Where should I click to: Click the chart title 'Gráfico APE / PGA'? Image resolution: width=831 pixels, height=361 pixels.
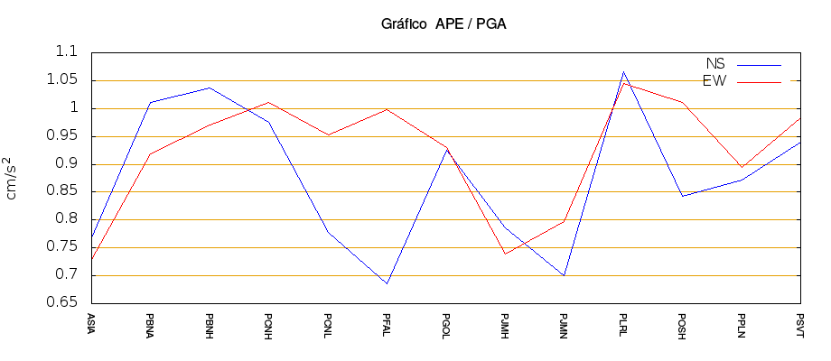pos(444,24)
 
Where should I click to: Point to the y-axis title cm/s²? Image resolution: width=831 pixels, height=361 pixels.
pos(14,177)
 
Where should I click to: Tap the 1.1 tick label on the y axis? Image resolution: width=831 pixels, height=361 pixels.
pos(68,52)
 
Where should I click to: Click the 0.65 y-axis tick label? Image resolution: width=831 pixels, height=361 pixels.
pos(63,303)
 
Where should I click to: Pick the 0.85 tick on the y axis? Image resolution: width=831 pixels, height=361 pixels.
pos(63,191)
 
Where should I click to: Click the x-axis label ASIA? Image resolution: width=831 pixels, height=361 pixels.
pos(91,322)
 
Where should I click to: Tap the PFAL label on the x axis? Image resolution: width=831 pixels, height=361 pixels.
pos(387,323)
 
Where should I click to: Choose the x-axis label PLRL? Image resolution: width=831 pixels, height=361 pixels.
pos(623,323)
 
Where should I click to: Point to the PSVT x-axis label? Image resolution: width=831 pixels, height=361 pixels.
pos(800,323)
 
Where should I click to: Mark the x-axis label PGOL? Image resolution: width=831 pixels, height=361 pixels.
pos(446,323)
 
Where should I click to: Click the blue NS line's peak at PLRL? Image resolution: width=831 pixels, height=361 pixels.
pos(623,71)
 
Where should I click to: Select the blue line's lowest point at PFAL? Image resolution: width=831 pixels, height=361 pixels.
pos(387,283)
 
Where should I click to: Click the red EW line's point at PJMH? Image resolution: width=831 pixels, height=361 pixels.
pos(505,254)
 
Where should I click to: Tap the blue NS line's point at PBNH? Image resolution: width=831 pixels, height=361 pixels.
pos(210,88)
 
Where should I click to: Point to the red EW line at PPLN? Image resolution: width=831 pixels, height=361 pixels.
pos(742,167)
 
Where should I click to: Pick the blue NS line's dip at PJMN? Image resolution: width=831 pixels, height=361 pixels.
pos(564,275)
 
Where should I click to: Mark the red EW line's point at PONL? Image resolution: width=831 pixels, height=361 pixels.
pos(328,134)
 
